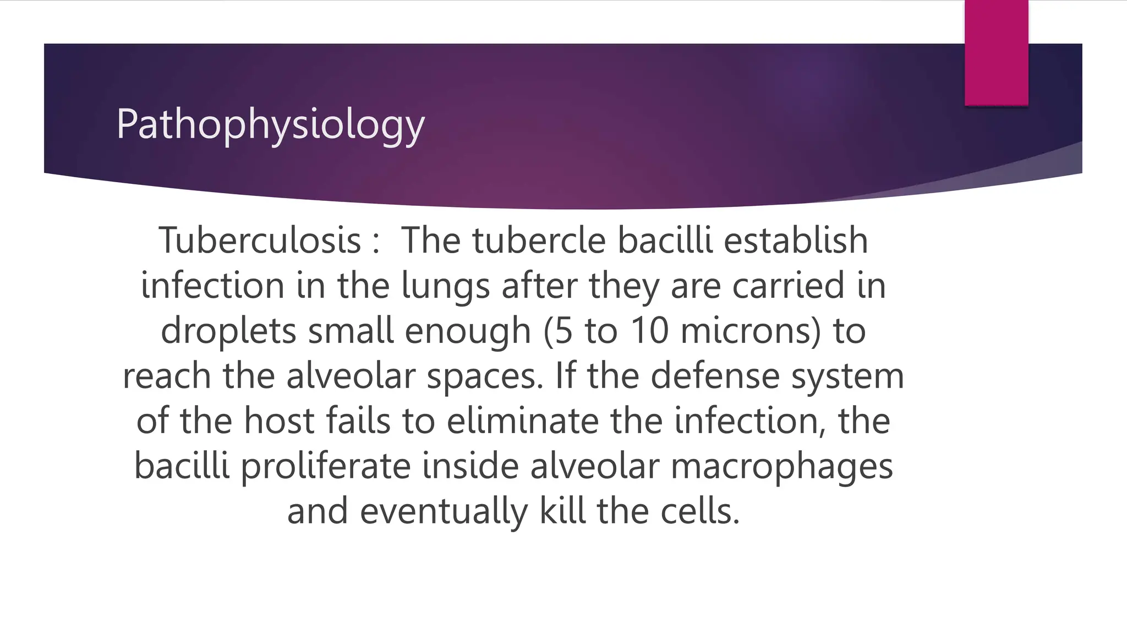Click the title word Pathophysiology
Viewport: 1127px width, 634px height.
(x=270, y=125)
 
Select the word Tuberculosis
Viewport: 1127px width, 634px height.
(x=260, y=241)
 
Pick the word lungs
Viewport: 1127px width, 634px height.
(x=445, y=286)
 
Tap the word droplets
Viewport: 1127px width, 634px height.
(x=228, y=331)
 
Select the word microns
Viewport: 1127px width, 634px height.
(x=751, y=331)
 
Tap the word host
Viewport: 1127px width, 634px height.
(x=279, y=421)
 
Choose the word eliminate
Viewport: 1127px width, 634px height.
(x=522, y=421)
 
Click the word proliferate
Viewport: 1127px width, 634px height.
(x=326, y=467)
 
